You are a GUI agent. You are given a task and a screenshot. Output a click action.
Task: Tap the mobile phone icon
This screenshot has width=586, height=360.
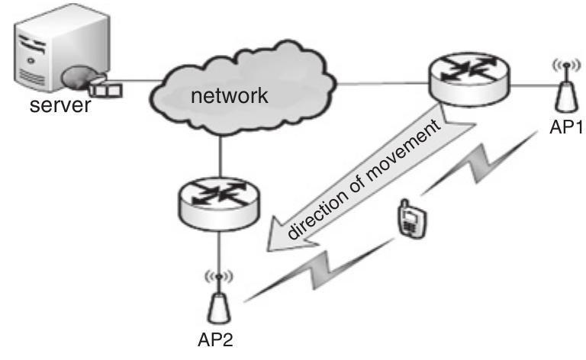click(x=409, y=220)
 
